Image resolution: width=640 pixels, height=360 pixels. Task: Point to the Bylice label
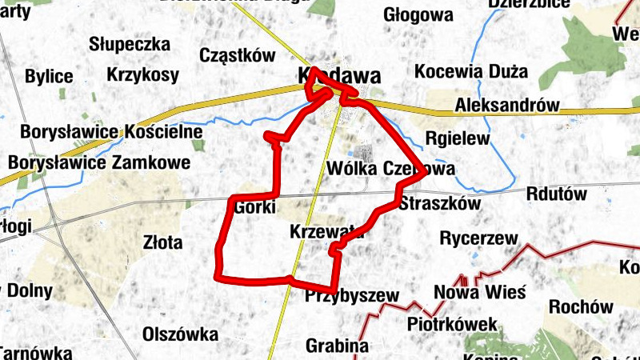click(x=49, y=77)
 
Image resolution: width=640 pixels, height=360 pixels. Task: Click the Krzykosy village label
click(x=142, y=75)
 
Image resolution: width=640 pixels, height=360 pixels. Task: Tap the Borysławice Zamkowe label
click(x=99, y=163)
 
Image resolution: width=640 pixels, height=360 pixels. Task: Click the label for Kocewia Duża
click(x=470, y=71)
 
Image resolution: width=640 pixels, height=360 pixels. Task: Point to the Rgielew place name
click(x=457, y=138)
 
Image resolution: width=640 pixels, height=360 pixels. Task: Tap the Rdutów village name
click(x=557, y=194)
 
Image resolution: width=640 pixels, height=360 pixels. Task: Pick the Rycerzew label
click(x=479, y=238)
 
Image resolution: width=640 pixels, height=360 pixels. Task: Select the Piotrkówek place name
click(x=451, y=325)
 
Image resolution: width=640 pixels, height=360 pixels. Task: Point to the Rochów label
click(x=581, y=306)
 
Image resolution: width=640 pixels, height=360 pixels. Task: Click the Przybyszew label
click(x=351, y=296)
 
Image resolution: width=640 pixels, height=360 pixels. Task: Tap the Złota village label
click(x=162, y=242)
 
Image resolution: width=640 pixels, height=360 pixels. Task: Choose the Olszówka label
click(x=180, y=334)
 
